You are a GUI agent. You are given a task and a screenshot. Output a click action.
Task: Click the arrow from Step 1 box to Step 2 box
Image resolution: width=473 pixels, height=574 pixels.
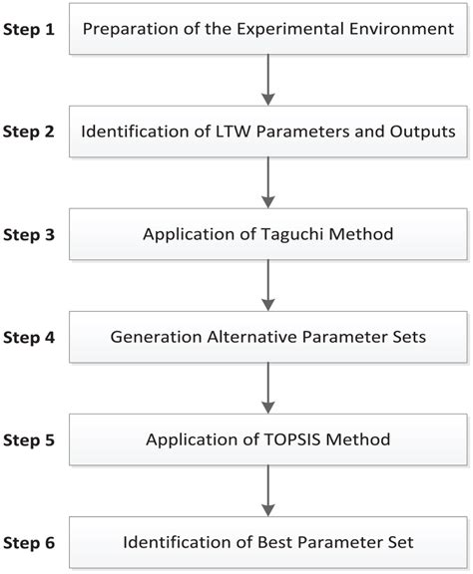pos(267,80)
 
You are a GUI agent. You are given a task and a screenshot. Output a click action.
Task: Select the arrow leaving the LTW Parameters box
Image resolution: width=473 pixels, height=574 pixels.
pos(267,182)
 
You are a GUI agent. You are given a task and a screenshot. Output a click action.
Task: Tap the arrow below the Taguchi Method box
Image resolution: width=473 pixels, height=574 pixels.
pos(267,285)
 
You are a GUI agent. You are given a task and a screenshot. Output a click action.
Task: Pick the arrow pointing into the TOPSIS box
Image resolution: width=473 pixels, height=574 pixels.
pos(267,388)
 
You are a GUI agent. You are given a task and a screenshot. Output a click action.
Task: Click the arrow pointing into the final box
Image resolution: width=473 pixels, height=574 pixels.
pos(267,490)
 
